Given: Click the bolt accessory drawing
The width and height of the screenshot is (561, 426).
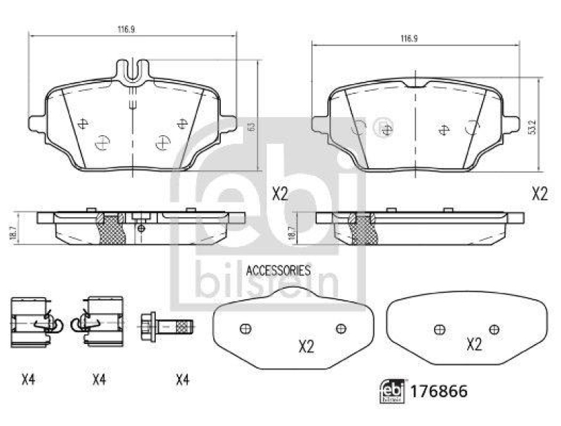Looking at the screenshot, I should point(166,327).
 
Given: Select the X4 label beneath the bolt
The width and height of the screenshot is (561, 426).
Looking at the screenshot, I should point(182,380).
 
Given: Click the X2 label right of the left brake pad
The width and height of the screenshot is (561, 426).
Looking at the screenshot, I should point(280,194).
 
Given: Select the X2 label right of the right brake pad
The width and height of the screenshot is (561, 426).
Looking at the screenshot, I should point(539,194).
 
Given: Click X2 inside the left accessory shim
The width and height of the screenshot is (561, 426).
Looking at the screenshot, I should point(306,345).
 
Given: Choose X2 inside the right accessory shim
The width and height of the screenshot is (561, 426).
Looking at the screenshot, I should point(474,344).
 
